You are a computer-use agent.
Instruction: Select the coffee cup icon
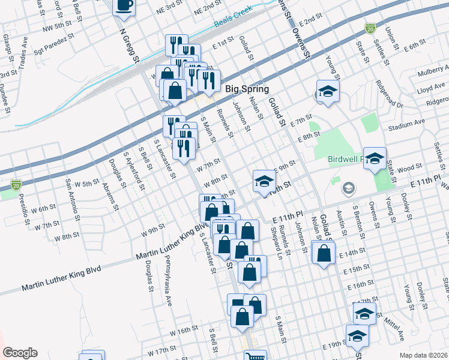(x=124, y=6)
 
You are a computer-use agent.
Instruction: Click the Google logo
(x=20, y=353)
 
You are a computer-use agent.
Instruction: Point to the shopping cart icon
(x=256, y=356)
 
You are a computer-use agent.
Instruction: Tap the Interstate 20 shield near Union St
(x=370, y=28)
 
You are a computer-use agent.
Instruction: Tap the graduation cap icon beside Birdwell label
(x=375, y=159)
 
